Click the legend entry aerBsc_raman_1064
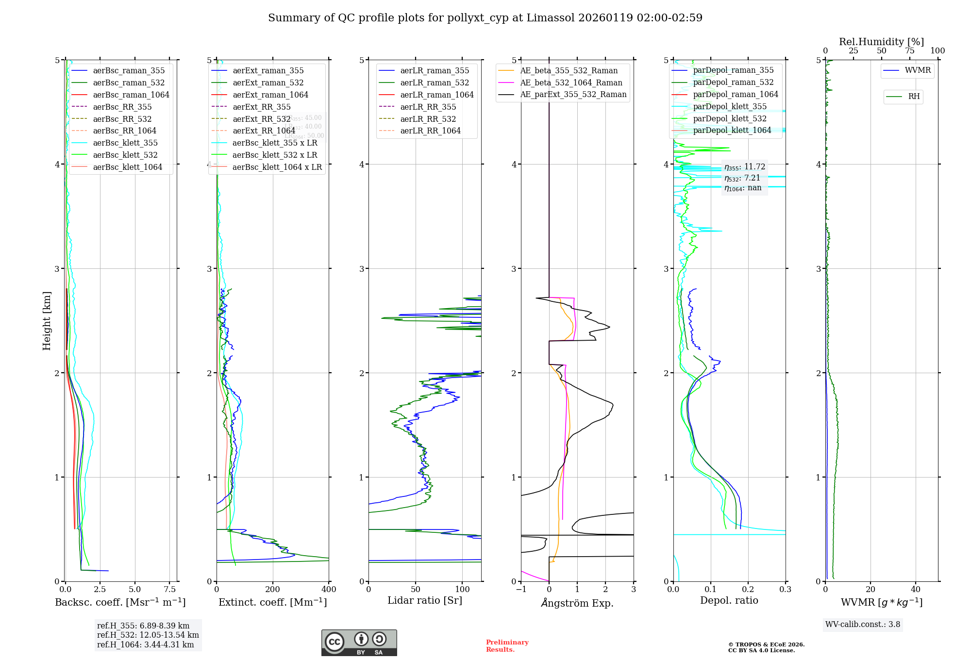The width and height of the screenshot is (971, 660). point(131,95)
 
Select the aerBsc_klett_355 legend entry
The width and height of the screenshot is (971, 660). point(125,143)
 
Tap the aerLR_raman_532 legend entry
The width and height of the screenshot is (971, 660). point(435,82)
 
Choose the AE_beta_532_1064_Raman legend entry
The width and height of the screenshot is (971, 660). point(571,82)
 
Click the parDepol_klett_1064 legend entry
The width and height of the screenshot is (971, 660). point(732,130)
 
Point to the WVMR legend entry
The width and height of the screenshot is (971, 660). point(918,70)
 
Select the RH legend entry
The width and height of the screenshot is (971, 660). point(914,97)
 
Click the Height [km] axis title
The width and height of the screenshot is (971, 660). point(47,320)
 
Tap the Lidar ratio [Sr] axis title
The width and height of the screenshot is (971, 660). point(425,600)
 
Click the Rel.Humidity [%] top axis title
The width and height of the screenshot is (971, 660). point(881,42)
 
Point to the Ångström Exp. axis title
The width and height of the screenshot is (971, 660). point(577,603)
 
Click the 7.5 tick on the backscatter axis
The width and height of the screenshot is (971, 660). point(170,590)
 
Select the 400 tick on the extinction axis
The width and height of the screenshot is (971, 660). point(329,590)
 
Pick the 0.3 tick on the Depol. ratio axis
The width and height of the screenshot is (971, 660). point(786,590)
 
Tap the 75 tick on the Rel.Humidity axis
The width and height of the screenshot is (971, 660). point(910,50)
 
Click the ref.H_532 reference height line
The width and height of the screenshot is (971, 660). point(148,635)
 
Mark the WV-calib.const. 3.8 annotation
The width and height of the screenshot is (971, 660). point(863,625)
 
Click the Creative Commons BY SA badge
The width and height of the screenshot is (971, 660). point(359,643)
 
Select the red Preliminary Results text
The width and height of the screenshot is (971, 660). point(507,646)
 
